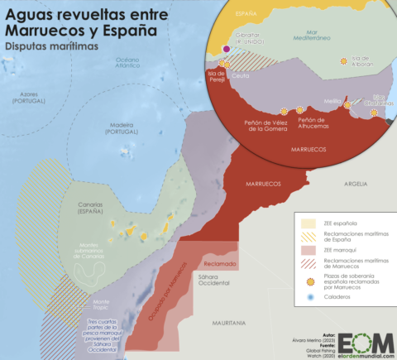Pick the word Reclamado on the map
[x=220, y=263]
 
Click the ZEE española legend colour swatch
[x=306, y=223]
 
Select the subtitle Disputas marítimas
[x=50, y=46]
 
